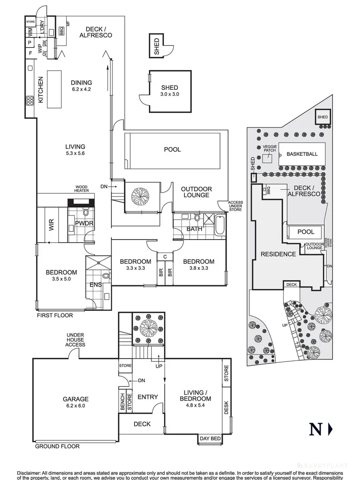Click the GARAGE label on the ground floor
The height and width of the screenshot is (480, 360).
coord(76,399)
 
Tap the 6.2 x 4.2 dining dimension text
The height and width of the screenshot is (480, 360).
coord(81,89)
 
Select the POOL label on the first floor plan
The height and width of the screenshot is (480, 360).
coord(172,149)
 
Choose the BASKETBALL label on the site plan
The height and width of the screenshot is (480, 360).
coord(302,154)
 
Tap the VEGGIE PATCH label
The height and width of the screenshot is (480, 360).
coord(269,149)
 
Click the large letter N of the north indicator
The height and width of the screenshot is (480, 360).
coord(315,429)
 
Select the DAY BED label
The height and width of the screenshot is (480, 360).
coord(211,439)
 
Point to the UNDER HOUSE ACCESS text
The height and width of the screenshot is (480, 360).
coord(76,340)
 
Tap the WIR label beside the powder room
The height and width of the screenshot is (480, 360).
coord(50,225)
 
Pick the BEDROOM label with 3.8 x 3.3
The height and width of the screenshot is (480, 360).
coord(199,262)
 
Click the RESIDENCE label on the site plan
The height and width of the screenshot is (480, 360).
coord(278,254)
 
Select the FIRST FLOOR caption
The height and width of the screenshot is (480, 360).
coord(55,316)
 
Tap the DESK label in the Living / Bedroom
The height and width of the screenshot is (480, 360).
coord(226,408)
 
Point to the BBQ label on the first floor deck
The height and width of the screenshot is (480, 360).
coord(61,31)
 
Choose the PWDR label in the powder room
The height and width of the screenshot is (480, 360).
coord(83,223)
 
